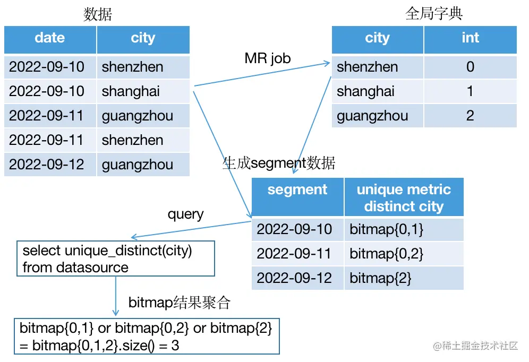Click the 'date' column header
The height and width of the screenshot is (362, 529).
point(50,38)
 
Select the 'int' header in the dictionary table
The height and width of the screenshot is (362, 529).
point(470,38)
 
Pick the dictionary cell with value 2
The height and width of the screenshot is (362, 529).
point(470,116)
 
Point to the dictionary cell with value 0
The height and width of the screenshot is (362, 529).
point(470,67)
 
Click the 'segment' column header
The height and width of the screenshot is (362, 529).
point(297,190)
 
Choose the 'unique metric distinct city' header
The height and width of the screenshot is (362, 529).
point(404,197)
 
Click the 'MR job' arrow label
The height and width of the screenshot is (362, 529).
point(268,58)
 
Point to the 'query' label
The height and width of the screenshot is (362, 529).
point(185,214)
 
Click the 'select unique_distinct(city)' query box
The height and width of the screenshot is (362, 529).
point(115,258)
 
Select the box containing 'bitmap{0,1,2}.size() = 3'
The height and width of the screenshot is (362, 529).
point(146,337)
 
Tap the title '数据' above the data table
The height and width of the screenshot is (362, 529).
point(98,14)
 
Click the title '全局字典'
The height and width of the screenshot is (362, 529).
point(434,13)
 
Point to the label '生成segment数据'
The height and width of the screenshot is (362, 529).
point(279,163)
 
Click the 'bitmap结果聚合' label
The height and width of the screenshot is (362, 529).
point(180,303)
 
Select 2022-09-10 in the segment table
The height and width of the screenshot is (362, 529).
point(294,229)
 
